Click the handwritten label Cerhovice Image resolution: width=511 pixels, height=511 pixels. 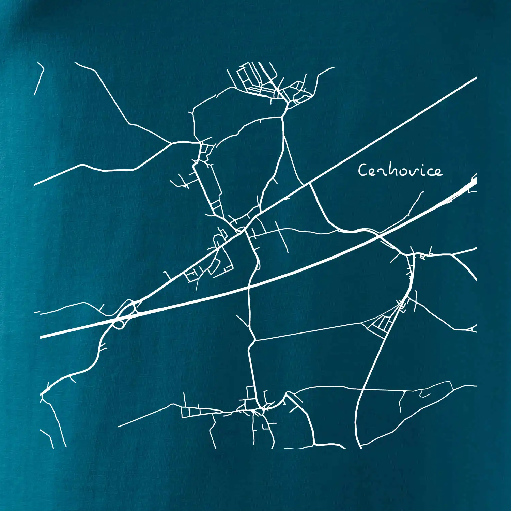400,170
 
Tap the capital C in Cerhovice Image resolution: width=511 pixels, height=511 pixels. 362,170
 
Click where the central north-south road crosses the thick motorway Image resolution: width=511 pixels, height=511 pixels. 249,288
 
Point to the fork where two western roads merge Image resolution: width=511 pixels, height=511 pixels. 172,143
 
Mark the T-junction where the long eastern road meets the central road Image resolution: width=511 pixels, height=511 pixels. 255,340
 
